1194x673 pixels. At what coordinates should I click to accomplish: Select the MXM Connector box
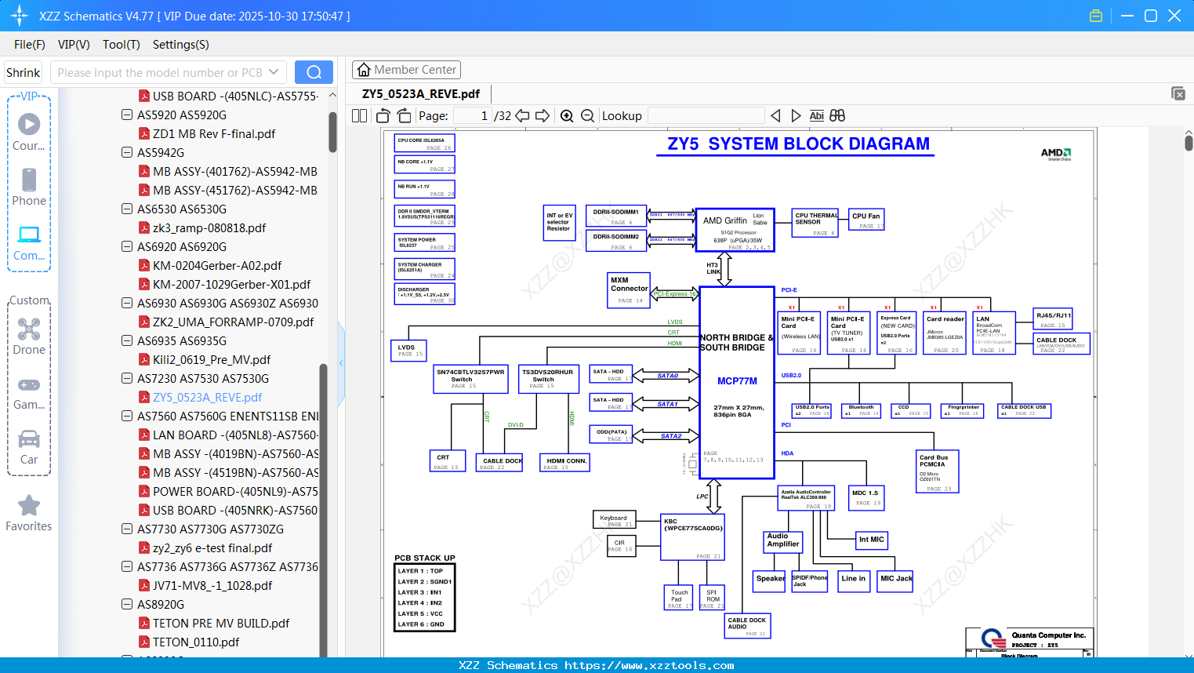(630, 289)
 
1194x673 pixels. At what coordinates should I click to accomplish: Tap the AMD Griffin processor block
(735, 230)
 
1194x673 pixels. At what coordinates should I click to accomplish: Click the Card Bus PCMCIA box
(937, 471)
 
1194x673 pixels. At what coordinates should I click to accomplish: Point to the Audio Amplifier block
(782, 541)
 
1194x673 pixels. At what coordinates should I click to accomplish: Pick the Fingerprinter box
(963, 410)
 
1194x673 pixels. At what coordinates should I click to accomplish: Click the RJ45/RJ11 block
(1053, 319)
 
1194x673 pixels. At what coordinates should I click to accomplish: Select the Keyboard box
(614, 520)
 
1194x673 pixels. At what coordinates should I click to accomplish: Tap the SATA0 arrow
(667, 376)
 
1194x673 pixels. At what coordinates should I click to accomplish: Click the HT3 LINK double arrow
(725, 269)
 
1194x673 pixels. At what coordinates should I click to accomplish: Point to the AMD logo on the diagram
(1055, 154)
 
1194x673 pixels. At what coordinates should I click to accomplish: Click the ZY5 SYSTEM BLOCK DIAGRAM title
(798, 144)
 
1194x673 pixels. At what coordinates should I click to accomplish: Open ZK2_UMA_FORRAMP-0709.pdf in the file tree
(233, 322)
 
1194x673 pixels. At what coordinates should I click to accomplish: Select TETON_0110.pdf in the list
(196, 642)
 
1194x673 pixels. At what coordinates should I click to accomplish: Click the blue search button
(314, 72)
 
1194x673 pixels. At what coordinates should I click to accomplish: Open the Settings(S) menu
(180, 45)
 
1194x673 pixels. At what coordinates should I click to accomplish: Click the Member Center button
(406, 70)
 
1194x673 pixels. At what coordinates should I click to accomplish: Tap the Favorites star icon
(29, 506)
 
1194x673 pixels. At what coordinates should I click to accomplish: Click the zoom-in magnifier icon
(567, 116)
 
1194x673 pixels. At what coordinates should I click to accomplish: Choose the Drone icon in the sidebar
(29, 329)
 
